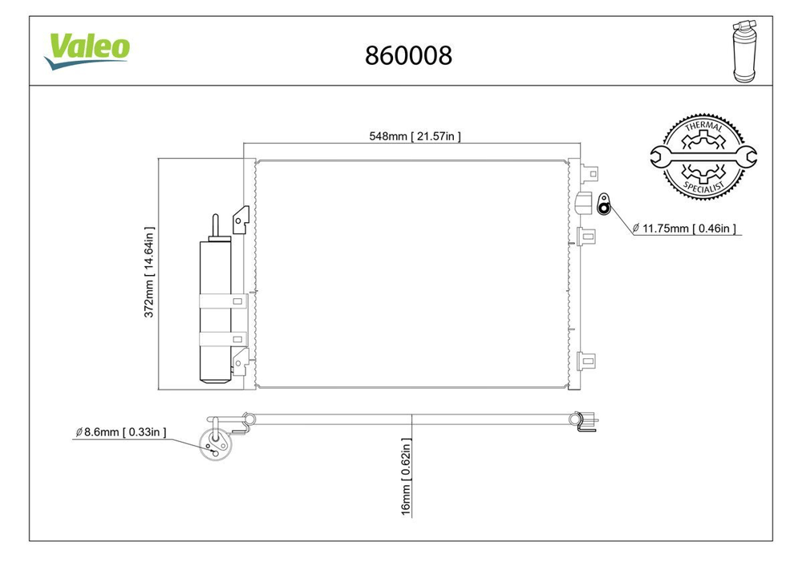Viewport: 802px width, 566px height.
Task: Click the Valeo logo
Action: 87,51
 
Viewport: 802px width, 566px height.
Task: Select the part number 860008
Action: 408,55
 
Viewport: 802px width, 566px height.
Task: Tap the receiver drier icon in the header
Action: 744,51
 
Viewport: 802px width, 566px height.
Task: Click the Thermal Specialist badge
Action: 703,156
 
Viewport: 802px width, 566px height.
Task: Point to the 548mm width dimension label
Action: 415,136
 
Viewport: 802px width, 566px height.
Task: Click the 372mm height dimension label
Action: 149,272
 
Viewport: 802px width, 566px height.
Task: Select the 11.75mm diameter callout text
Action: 684,228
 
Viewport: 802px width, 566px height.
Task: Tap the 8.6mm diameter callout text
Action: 121,432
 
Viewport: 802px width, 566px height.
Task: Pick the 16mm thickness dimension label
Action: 406,476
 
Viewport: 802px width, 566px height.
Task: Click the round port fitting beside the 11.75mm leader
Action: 604,204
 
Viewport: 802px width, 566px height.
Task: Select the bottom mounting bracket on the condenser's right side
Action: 587,361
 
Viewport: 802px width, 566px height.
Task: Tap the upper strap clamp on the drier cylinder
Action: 223,301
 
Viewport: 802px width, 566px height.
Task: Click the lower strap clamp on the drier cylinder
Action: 223,339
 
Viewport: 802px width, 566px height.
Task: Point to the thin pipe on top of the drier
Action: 215,227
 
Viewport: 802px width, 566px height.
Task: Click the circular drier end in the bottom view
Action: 215,444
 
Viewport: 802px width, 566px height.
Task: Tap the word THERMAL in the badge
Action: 704,126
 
